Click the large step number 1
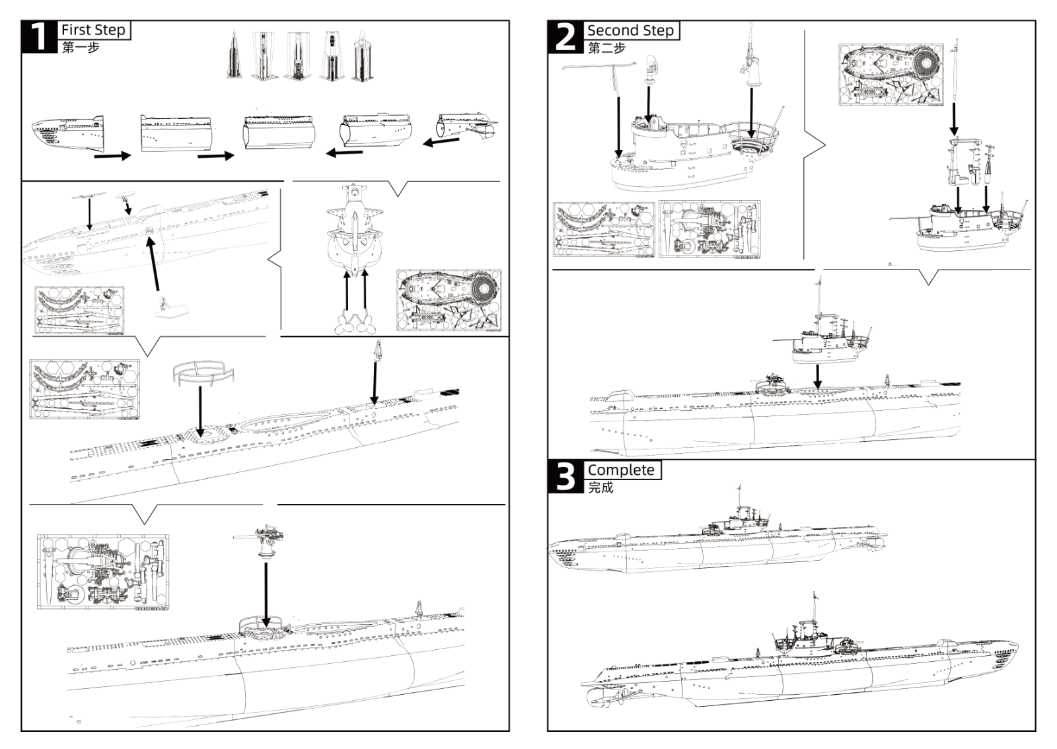click(40, 37)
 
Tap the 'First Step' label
click(93, 30)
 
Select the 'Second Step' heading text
click(630, 30)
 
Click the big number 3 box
click(565, 477)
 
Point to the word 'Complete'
click(621, 470)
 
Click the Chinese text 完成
click(601, 487)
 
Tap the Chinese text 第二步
click(606, 48)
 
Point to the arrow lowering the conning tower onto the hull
click(818, 375)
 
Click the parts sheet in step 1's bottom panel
click(102, 572)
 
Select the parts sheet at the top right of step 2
click(891, 74)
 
